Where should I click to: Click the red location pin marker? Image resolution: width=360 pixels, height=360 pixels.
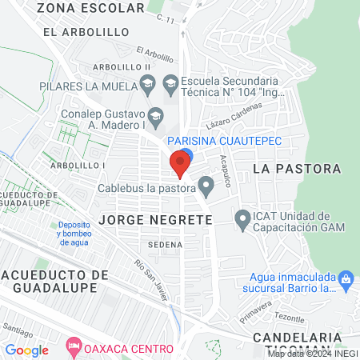tap(180, 165)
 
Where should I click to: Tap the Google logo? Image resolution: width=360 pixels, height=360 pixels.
tap(27, 350)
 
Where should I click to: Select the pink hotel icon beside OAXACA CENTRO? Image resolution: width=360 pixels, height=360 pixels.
tap(74, 349)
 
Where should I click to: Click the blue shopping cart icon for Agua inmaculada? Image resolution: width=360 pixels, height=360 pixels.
tap(346, 279)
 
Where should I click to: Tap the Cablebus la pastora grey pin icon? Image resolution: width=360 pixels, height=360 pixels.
tap(206, 188)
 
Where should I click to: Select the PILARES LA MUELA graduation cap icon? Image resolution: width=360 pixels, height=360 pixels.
tap(147, 83)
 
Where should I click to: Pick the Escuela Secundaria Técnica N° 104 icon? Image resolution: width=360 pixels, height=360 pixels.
tap(170, 83)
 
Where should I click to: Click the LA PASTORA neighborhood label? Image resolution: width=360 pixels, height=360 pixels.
tap(297, 169)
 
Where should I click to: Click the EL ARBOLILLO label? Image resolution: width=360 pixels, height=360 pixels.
tap(86, 31)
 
